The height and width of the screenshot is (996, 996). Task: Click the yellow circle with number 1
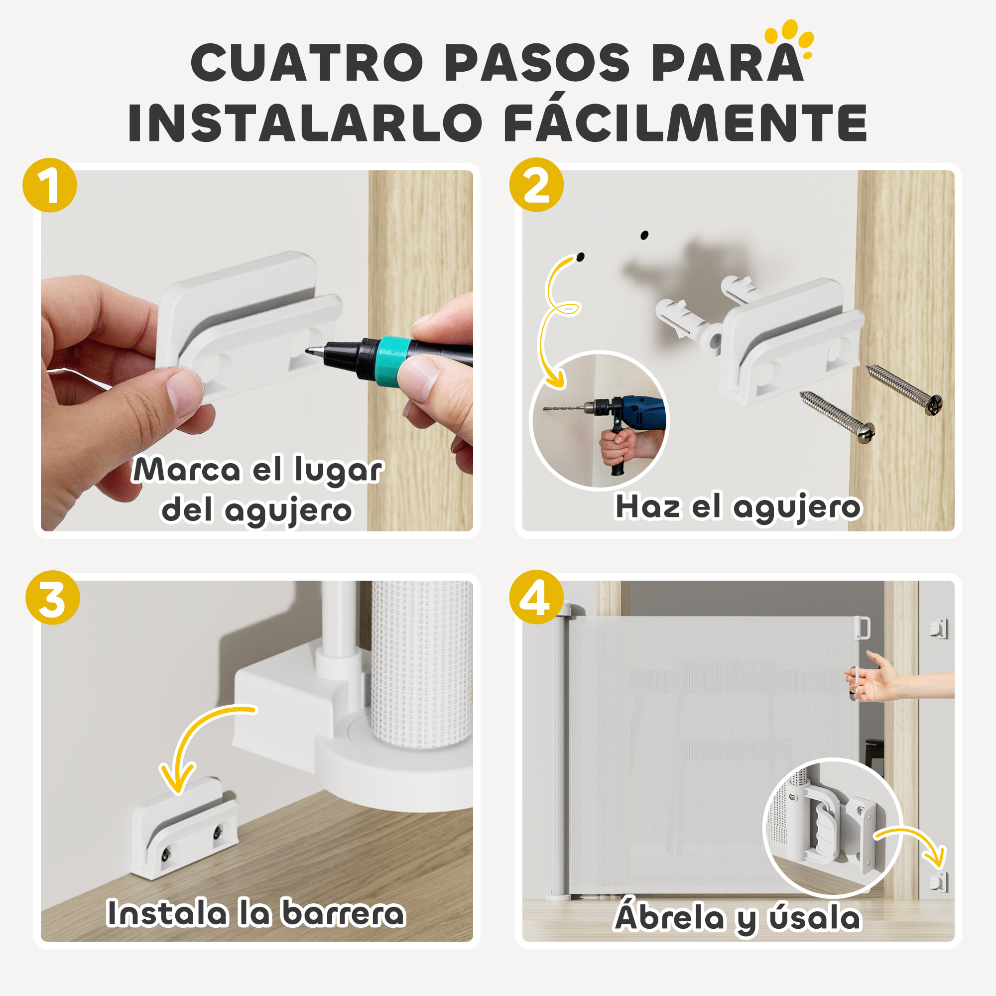tap(49, 185)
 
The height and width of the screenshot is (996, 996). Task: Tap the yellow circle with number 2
tap(536, 185)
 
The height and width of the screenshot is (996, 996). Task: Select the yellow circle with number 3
tap(53, 598)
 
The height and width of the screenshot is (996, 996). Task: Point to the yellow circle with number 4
tap(536, 597)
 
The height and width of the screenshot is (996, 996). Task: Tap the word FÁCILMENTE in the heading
tap(685, 123)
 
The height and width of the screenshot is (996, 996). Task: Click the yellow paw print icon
tap(790, 37)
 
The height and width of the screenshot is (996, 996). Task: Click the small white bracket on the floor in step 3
tap(184, 829)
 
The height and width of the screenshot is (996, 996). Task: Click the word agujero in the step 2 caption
tap(796, 508)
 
